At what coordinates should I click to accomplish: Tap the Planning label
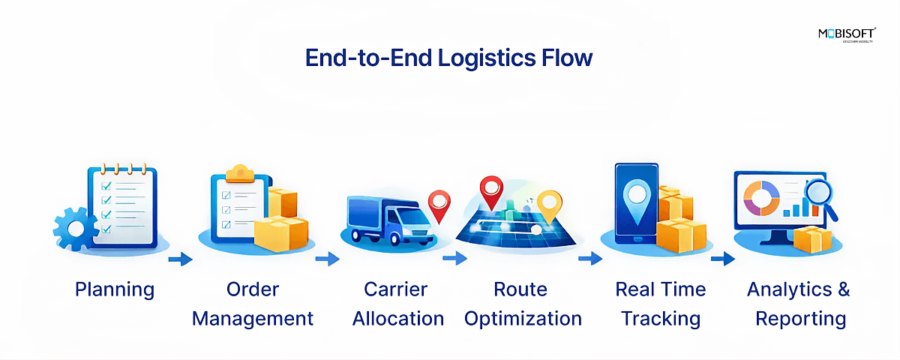[115, 289]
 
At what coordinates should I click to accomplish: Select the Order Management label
[253, 304]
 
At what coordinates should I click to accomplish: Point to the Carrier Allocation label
[398, 304]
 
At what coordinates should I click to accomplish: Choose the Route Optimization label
[523, 304]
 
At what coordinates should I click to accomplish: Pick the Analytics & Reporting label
[799, 304]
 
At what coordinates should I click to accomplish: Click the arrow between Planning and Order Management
[180, 259]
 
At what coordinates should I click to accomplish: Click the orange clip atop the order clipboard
[241, 171]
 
